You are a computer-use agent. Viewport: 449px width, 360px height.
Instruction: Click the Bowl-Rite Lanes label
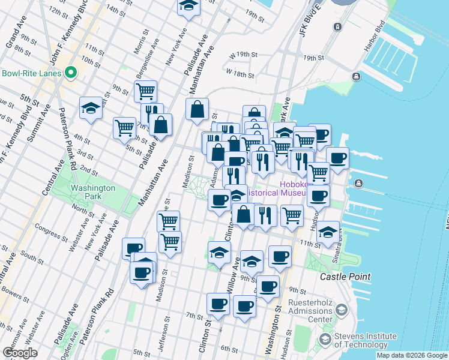31,73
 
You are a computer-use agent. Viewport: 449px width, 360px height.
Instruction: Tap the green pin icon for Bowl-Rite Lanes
71,73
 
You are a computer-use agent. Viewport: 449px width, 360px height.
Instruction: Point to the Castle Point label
345,277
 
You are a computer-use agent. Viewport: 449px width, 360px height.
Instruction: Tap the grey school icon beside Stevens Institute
325,340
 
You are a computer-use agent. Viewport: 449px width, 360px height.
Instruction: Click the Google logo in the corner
20,353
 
